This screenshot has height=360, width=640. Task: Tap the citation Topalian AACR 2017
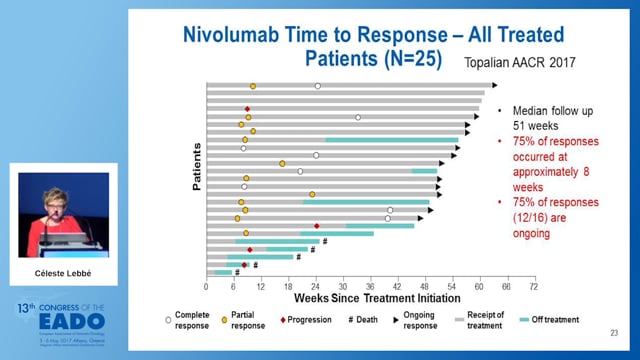519,62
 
